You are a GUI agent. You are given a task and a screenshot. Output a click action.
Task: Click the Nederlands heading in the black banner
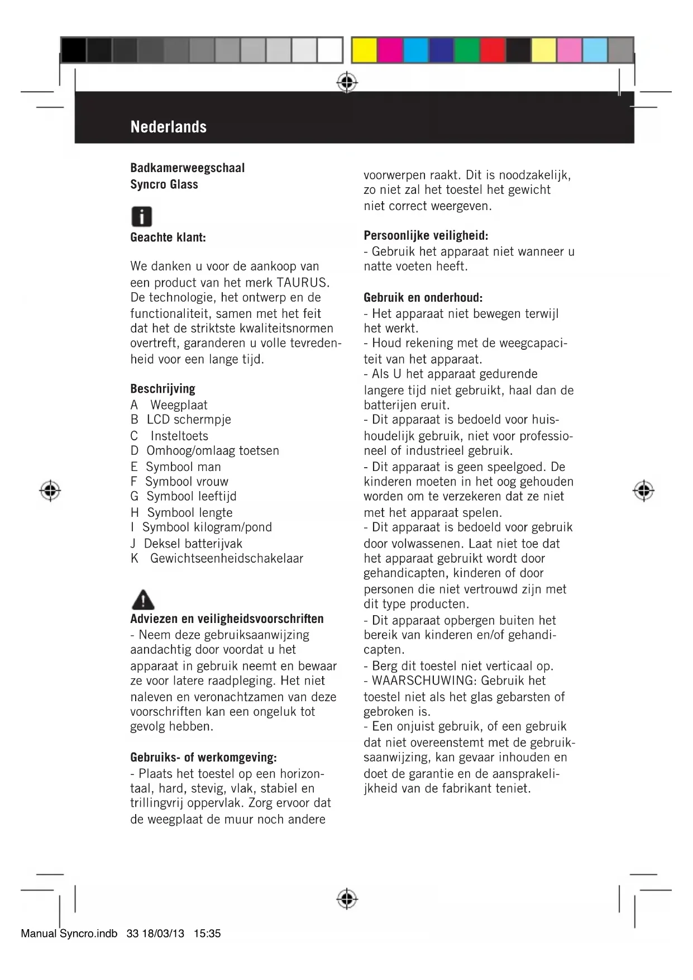168,127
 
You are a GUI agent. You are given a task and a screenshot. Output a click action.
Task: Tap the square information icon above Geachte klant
142,217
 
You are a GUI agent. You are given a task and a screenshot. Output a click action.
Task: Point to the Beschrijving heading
163,388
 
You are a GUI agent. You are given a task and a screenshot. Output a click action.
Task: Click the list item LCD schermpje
189,420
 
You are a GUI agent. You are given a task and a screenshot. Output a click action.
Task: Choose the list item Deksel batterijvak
193,543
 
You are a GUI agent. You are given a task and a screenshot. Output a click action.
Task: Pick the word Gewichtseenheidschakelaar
226,558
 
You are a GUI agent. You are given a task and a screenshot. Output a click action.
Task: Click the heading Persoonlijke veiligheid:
426,235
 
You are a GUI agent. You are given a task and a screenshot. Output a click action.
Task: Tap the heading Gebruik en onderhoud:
423,297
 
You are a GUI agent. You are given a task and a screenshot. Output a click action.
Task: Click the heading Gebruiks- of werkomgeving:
203,758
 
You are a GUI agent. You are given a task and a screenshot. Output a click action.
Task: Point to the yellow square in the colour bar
364,50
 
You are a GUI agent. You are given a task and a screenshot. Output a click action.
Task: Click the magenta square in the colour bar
390,50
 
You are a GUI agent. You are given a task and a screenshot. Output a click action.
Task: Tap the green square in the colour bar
467,50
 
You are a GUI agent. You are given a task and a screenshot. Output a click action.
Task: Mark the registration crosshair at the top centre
347,83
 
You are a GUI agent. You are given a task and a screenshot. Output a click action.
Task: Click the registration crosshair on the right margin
643,491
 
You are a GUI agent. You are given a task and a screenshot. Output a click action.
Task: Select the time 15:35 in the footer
207,934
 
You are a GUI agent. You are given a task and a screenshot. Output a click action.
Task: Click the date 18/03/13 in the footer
163,934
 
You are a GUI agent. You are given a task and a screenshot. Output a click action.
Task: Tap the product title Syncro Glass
164,184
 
